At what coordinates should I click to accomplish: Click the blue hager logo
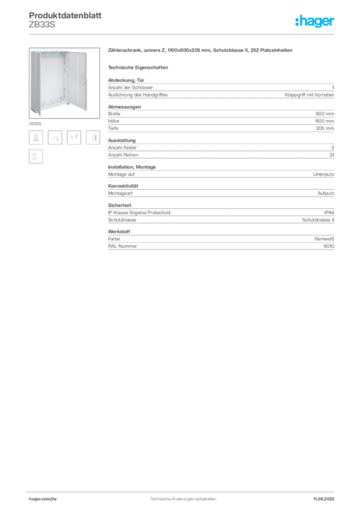pyautogui.click(x=315, y=22)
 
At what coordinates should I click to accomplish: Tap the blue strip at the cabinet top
pyautogui.click(x=52, y=51)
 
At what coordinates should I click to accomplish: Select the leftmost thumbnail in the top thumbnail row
pyautogui.click(x=35, y=138)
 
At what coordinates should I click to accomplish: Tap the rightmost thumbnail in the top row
pyautogui.click(x=94, y=137)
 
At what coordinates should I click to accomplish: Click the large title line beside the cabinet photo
pyautogui.click(x=200, y=51)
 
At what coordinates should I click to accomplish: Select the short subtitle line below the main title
pyautogui.click(x=139, y=67)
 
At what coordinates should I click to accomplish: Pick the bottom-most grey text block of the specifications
pyautogui.click(x=220, y=240)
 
